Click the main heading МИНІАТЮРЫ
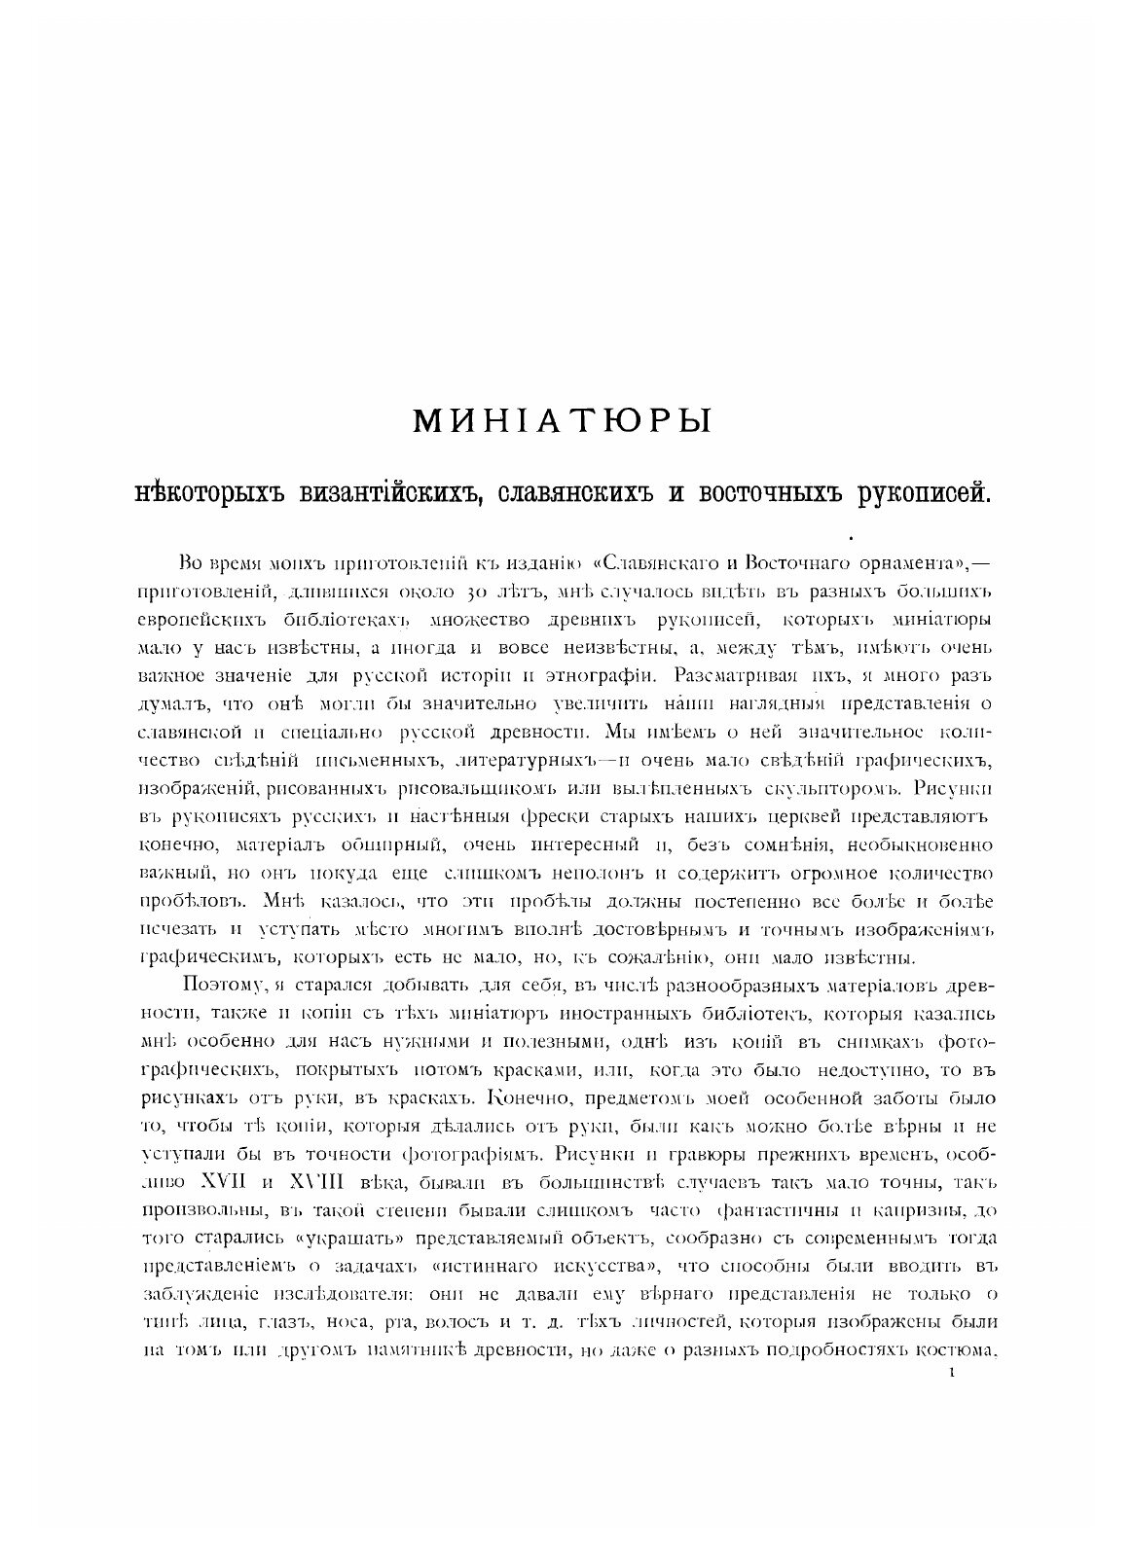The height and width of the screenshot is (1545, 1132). point(563,420)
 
